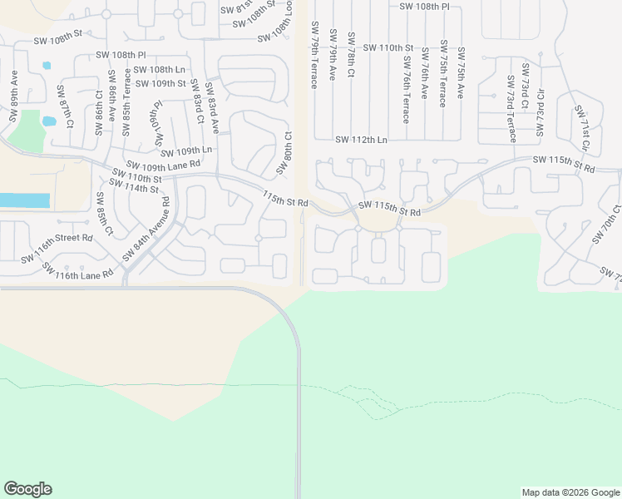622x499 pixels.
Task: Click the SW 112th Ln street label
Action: pyautogui.click(x=361, y=141)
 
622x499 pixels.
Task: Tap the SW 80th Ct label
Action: pyautogui.click(x=284, y=152)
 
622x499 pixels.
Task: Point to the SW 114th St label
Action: pyautogui.click(x=133, y=188)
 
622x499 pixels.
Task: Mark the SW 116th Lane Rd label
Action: pyautogui.click(x=77, y=273)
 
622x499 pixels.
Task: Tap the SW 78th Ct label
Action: pyautogui.click(x=351, y=55)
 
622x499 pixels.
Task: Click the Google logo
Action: pyautogui.click(x=27, y=489)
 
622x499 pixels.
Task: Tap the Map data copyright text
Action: pyautogui.click(x=570, y=492)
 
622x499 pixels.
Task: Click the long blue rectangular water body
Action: pyautogui.click(x=25, y=200)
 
